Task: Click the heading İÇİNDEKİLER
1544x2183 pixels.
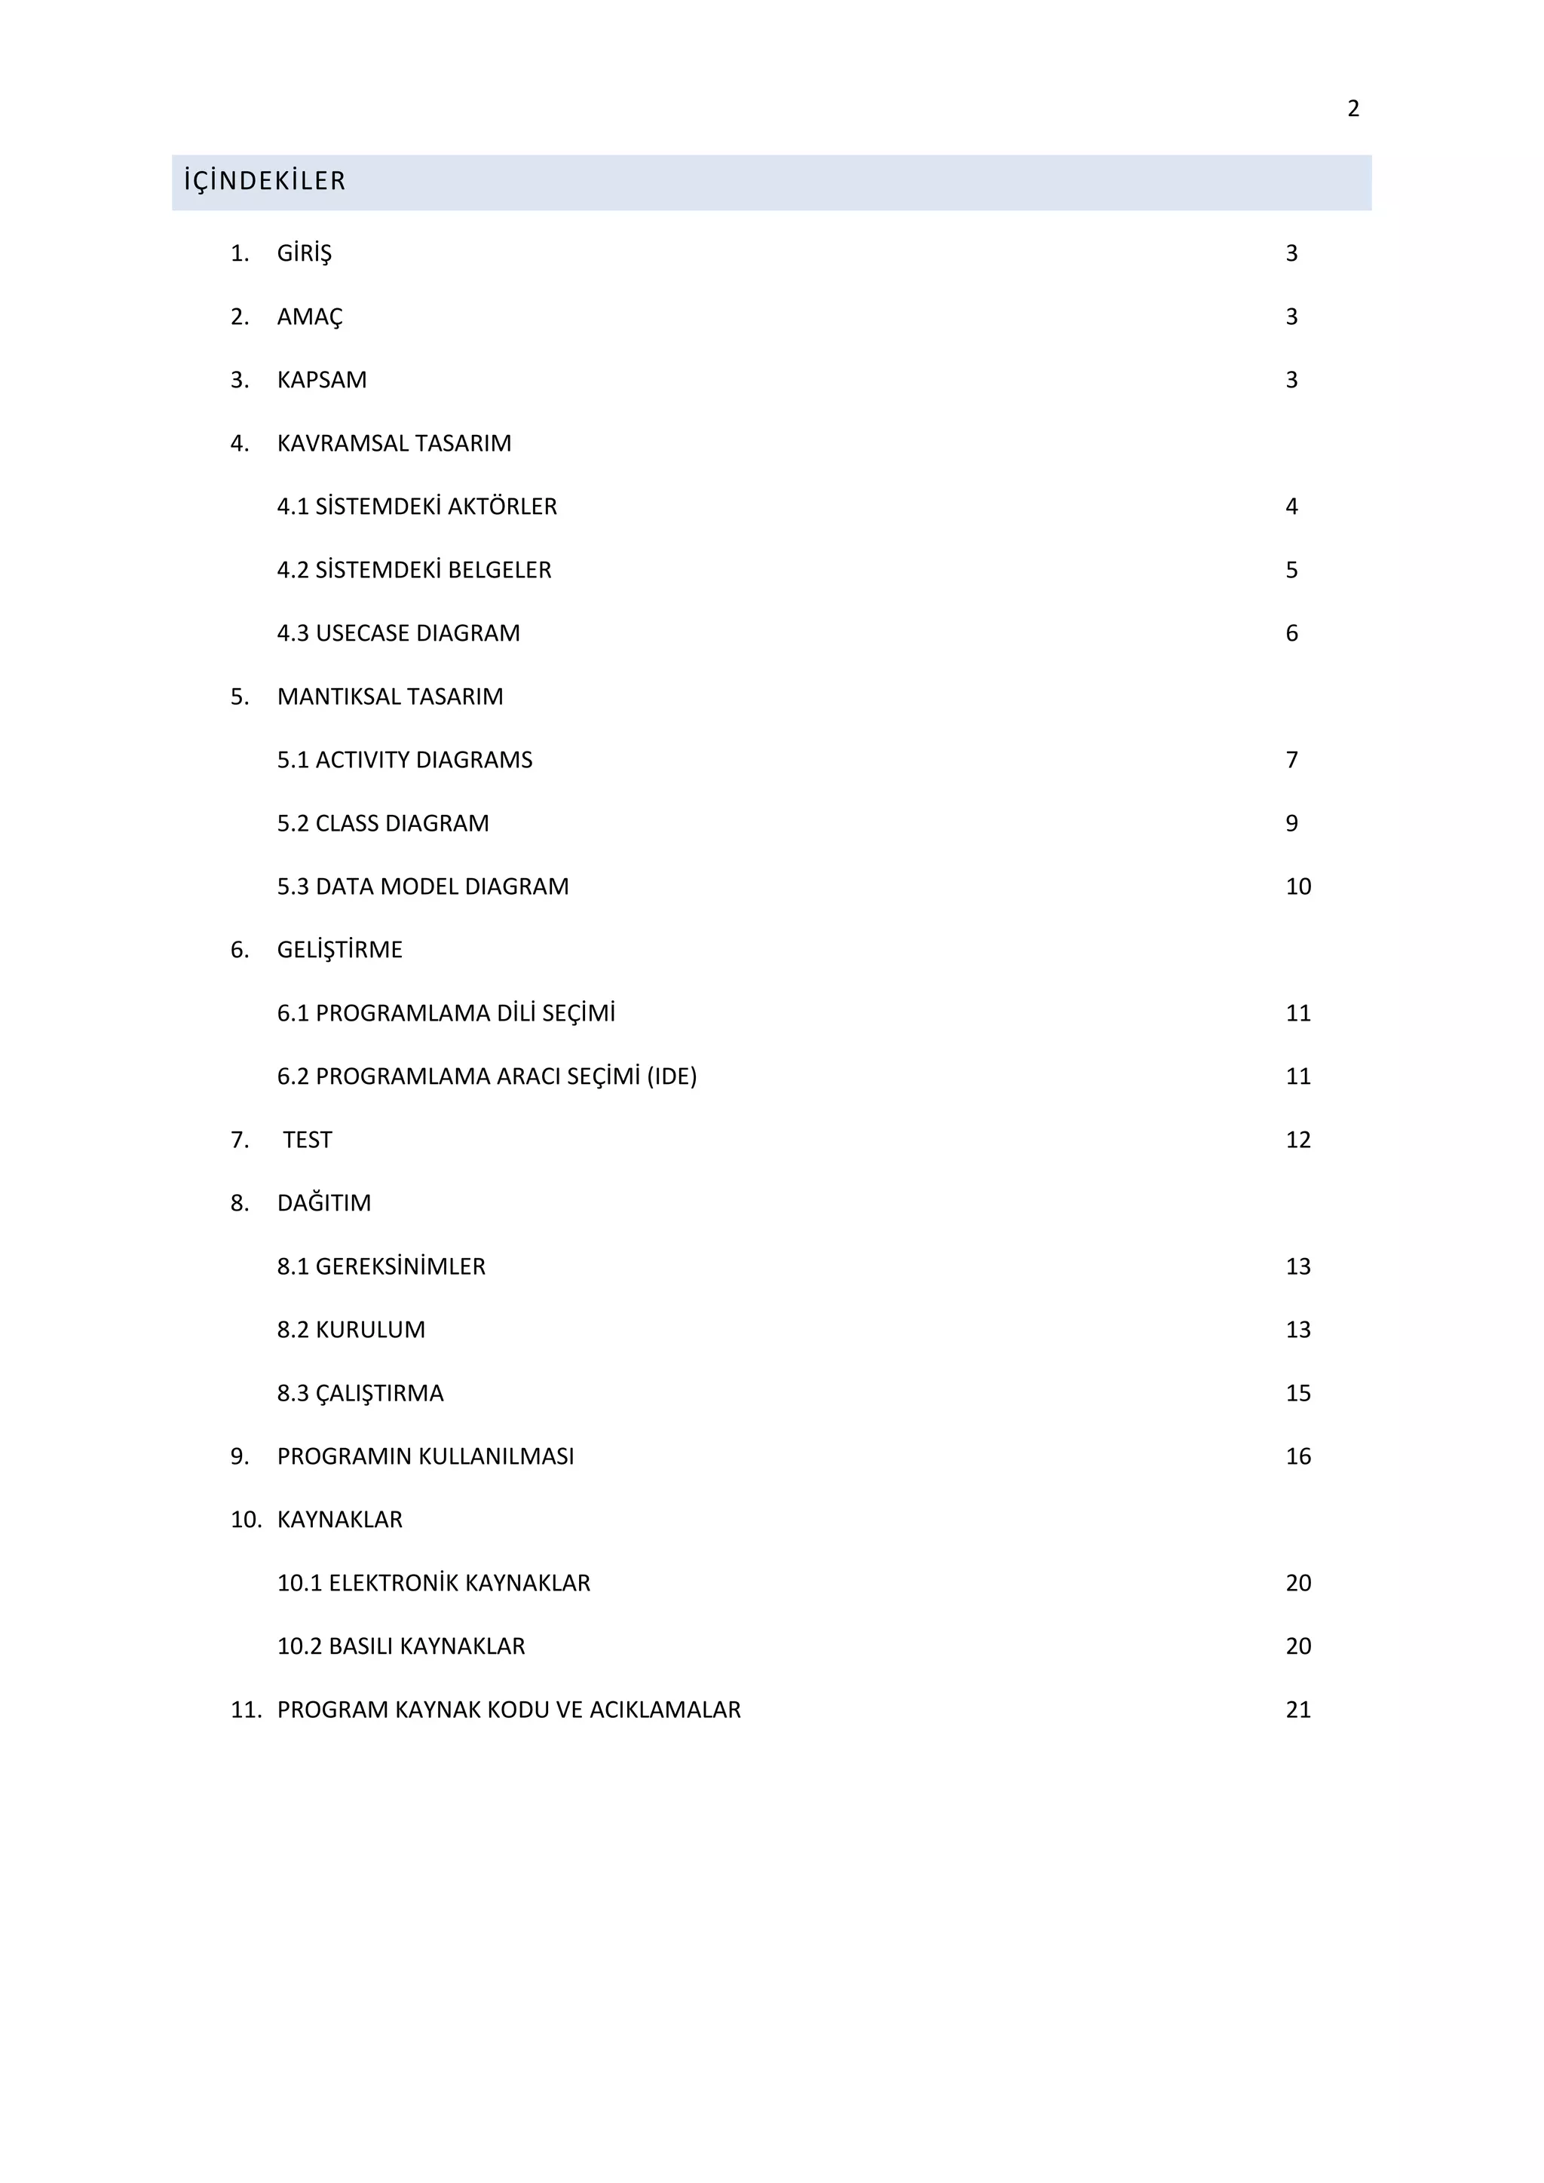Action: pos(265,181)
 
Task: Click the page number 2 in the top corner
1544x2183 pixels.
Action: pos(1353,109)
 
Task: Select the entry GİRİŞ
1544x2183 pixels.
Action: pos(305,254)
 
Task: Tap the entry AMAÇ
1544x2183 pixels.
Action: pos(310,317)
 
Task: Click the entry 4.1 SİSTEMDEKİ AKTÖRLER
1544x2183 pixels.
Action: pos(416,507)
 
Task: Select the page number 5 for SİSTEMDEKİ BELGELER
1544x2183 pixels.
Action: pos(1291,571)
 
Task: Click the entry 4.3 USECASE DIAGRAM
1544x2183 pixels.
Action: pos(398,633)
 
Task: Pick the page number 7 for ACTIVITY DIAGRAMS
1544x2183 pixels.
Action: pos(1291,761)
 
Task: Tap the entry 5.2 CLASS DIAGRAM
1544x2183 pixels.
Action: pos(383,823)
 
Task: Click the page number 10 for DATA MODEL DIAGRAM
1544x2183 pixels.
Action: pos(1297,887)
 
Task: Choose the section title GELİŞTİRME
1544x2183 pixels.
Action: pos(339,950)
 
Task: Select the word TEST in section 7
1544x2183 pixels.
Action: pos(307,1140)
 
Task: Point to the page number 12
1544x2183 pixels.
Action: pos(1297,1140)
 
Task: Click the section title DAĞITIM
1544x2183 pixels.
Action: pos(324,1204)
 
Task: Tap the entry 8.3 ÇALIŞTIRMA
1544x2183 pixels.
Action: pos(360,1394)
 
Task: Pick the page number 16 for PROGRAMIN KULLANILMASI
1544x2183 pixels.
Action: pos(1297,1456)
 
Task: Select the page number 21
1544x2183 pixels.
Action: pos(1297,1710)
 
